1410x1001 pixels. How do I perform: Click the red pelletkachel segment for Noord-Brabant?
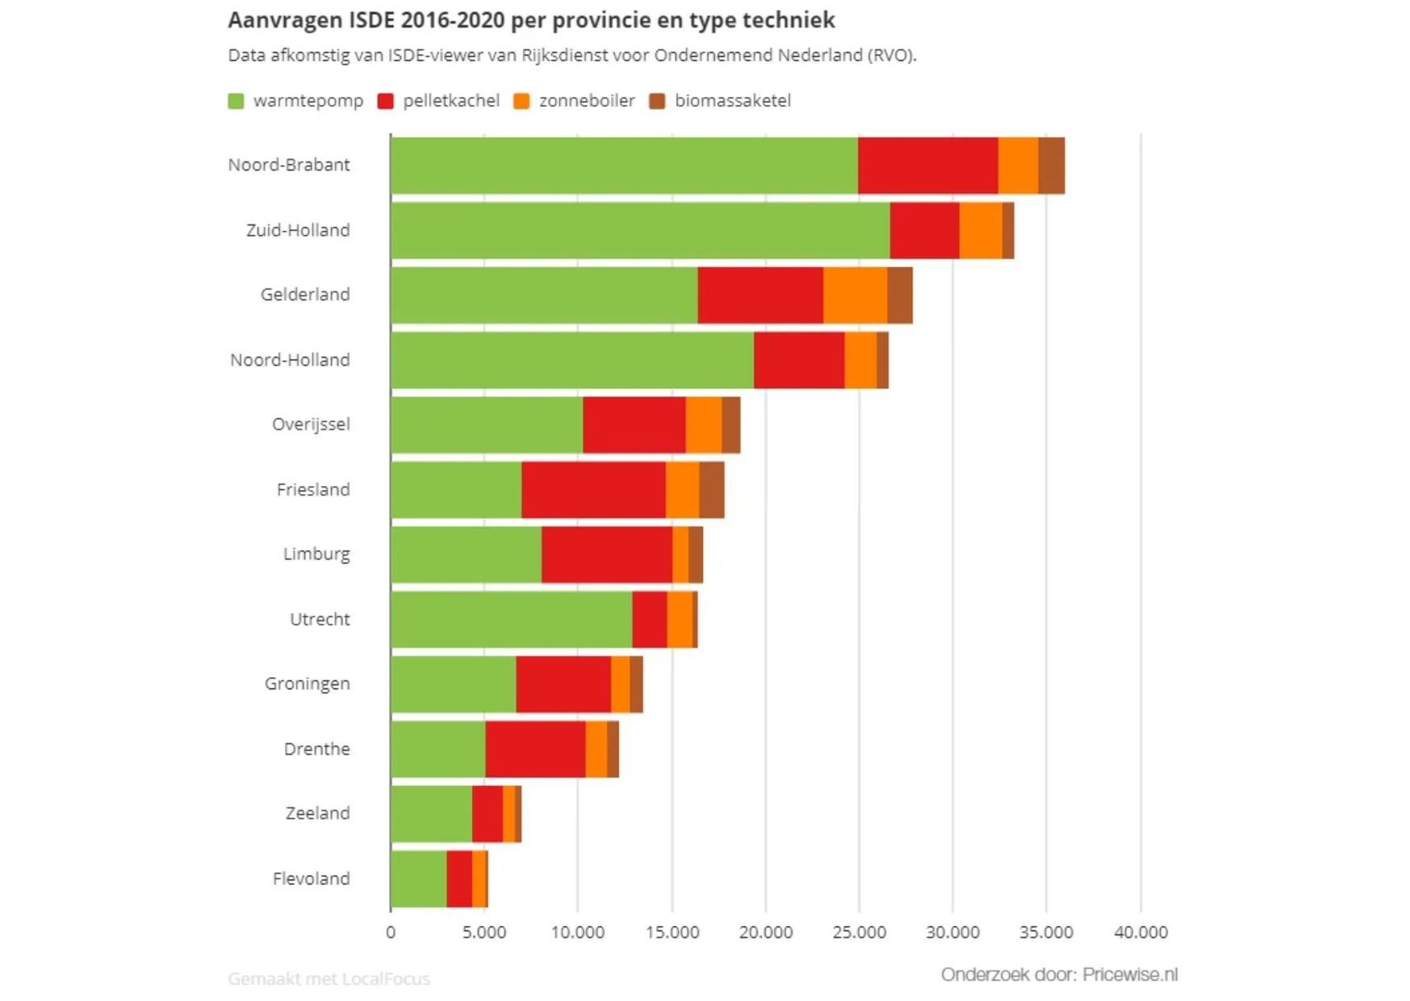pyautogui.click(x=927, y=165)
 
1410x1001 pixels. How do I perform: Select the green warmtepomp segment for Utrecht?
pyautogui.click(x=511, y=619)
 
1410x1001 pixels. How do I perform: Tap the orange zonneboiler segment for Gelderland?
pyautogui.click(x=855, y=295)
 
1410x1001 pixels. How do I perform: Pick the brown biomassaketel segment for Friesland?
pyautogui.click(x=711, y=490)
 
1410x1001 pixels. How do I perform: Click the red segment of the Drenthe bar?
pyautogui.click(x=535, y=749)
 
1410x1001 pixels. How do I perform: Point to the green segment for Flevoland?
pyautogui.click(x=418, y=878)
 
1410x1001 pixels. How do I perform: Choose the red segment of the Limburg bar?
pyautogui.click(x=606, y=555)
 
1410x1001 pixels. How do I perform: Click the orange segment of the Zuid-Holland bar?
pyautogui.click(x=980, y=231)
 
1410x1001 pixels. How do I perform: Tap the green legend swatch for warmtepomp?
pyautogui.click(x=236, y=101)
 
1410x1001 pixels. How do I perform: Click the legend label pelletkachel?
pyautogui.click(x=450, y=101)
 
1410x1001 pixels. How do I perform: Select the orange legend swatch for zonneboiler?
pyautogui.click(x=521, y=101)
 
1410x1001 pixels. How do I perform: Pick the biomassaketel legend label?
pyautogui.click(x=732, y=101)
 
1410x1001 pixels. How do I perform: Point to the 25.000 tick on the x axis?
pyautogui.click(x=859, y=932)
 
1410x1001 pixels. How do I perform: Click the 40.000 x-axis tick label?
pyautogui.click(x=1140, y=932)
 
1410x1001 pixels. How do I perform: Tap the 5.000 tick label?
pyautogui.click(x=484, y=932)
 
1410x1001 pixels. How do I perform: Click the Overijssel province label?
pyautogui.click(x=311, y=425)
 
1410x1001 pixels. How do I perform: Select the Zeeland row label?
pyautogui.click(x=317, y=813)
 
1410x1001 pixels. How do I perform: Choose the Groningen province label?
pyautogui.click(x=307, y=684)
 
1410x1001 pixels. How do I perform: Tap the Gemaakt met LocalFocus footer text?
pyautogui.click(x=328, y=978)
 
